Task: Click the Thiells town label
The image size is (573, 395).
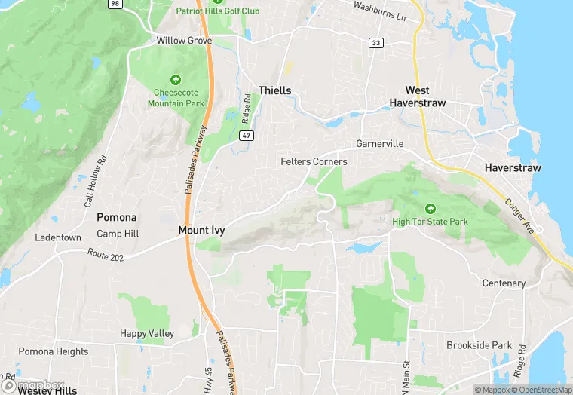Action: click(274, 90)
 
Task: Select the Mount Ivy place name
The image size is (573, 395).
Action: click(201, 230)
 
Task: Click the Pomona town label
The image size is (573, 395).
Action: click(117, 217)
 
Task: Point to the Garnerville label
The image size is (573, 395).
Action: click(380, 144)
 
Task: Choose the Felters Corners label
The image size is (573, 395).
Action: click(314, 161)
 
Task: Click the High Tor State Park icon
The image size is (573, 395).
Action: click(431, 208)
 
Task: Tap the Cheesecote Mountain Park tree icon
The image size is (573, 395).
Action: click(175, 79)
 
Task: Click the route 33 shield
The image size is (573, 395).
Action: click(375, 43)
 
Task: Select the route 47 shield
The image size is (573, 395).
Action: click(246, 135)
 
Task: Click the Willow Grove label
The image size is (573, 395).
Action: click(184, 41)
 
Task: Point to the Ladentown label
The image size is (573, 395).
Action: click(58, 237)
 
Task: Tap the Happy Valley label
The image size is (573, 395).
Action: click(147, 333)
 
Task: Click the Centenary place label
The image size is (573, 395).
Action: click(504, 283)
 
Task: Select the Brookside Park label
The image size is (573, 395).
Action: click(479, 345)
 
